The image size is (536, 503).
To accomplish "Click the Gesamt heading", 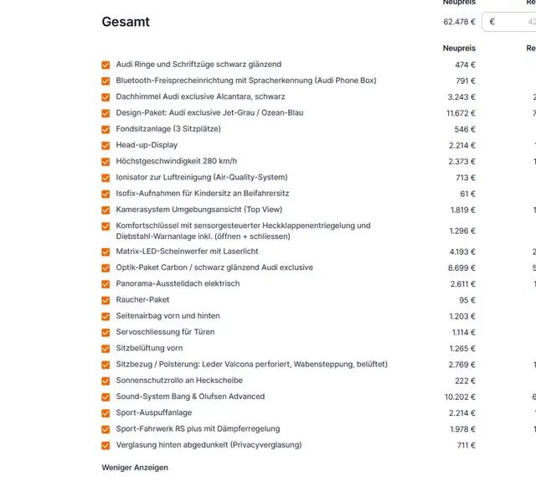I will [x=126, y=22].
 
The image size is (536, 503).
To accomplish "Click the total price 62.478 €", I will [x=459, y=22].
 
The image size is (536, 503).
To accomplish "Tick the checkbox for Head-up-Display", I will [x=106, y=146].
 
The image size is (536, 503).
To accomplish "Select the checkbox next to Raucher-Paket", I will [x=106, y=300].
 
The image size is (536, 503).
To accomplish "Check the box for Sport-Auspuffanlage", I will [x=106, y=413].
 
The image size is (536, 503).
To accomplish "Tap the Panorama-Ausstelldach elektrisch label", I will [x=178, y=283].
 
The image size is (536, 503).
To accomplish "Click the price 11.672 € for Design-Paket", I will [x=460, y=113].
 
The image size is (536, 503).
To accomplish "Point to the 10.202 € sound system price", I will [x=460, y=397].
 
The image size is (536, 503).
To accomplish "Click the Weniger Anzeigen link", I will [x=135, y=467].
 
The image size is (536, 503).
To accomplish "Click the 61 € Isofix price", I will [x=467, y=194].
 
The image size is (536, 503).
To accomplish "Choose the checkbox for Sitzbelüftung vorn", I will [x=106, y=349].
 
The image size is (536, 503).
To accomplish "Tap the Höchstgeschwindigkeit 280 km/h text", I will [x=176, y=161].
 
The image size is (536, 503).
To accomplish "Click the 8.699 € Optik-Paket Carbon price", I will [x=462, y=267].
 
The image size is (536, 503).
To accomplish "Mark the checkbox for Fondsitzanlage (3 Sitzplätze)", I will [x=106, y=130].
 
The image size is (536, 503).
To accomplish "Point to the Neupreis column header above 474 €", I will [x=459, y=49].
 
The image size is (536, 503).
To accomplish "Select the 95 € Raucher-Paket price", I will [x=467, y=300].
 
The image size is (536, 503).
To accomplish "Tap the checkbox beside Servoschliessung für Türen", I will [x=106, y=333].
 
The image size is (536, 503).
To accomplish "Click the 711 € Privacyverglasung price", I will [x=466, y=445].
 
